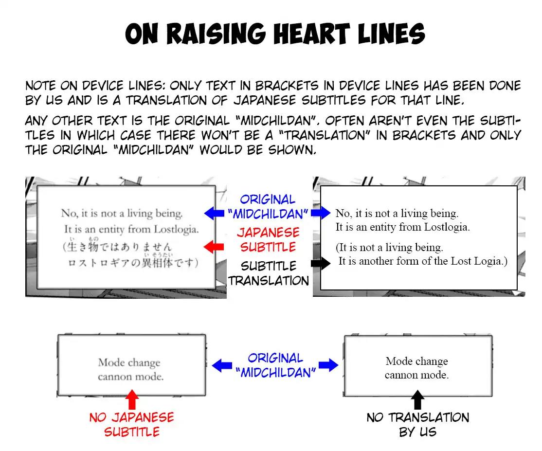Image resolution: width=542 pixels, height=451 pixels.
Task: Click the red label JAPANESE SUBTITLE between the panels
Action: point(269,239)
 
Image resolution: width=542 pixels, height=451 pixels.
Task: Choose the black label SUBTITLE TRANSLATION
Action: point(269,273)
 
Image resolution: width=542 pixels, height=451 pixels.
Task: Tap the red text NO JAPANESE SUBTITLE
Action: point(131,424)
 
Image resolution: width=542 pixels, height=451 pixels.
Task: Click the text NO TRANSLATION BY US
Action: point(417,424)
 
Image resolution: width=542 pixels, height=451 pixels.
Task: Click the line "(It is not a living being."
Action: point(389,248)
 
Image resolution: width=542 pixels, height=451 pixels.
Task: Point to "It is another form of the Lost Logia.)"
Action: point(423,261)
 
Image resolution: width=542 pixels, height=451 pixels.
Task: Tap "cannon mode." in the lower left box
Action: point(130,377)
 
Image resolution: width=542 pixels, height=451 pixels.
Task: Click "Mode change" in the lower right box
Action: point(416,361)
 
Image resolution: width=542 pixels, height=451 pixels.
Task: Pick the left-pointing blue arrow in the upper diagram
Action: point(214,213)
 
